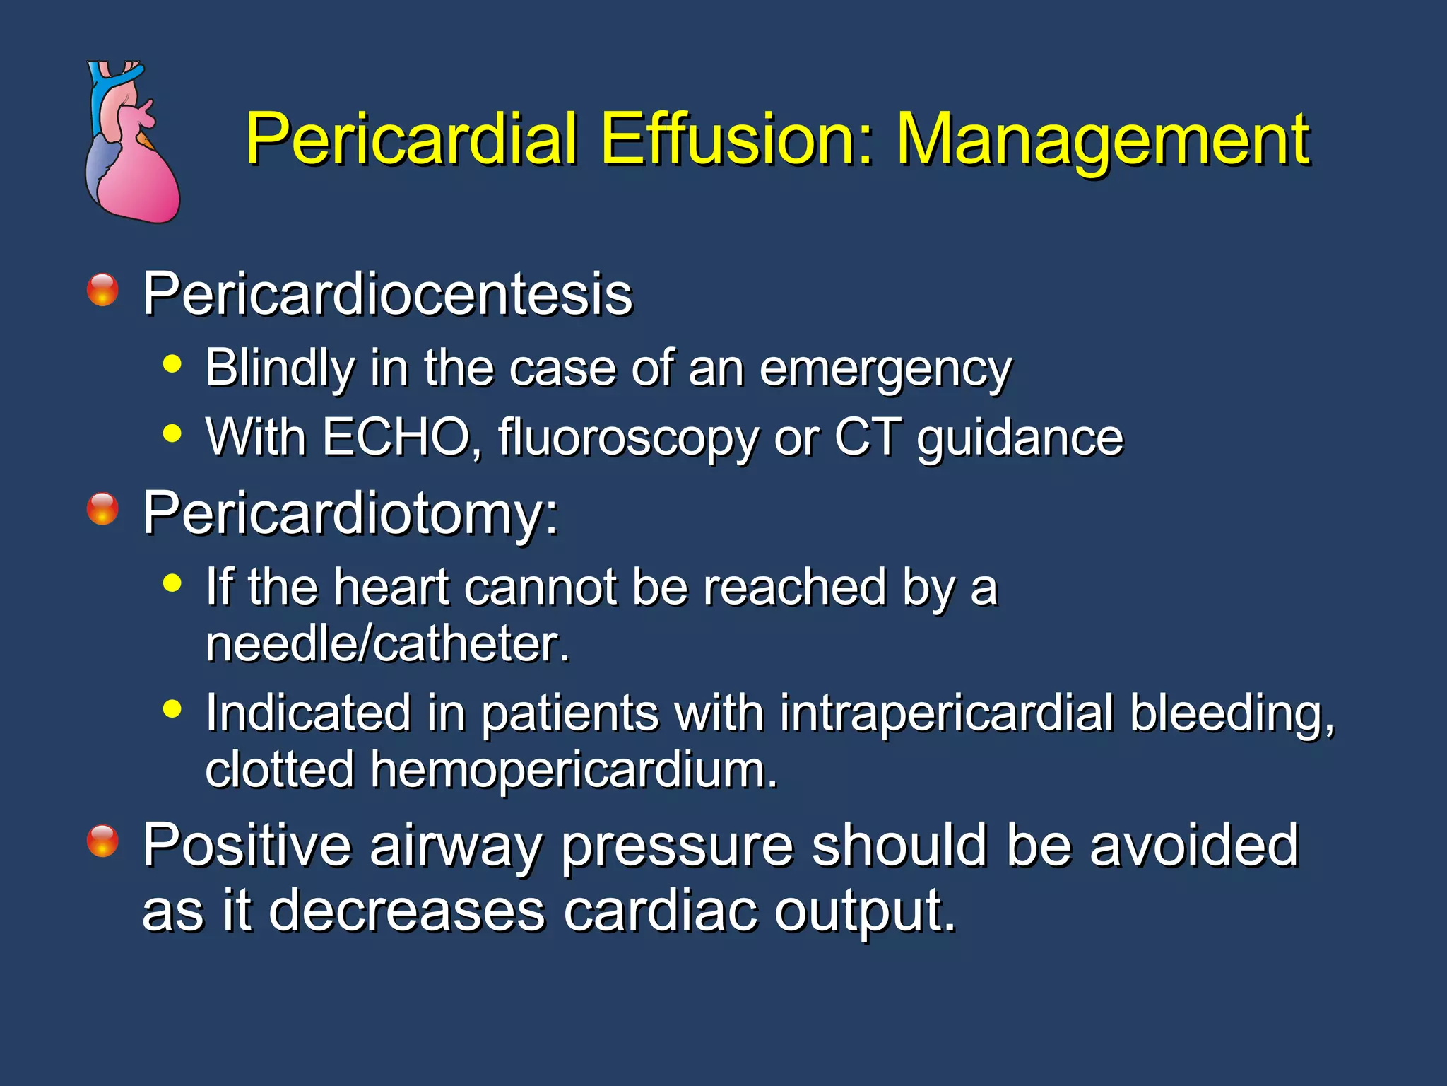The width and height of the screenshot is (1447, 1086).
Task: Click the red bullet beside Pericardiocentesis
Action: pos(102,290)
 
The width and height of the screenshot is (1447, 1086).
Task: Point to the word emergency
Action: pos(885,369)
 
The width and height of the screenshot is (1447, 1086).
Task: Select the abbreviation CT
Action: pos(868,437)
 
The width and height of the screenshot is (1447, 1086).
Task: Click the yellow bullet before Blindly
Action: pos(172,365)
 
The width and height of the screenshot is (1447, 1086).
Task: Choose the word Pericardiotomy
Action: pos(350,513)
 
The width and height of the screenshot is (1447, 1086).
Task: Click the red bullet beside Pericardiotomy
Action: pos(102,509)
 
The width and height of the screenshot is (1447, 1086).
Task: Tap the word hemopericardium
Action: pos(574,769)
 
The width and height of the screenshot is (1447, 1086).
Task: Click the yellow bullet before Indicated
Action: pos(172,708)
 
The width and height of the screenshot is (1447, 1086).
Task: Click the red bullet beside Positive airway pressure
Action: pos(102,841)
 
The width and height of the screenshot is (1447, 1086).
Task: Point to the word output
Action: pos(865,911)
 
